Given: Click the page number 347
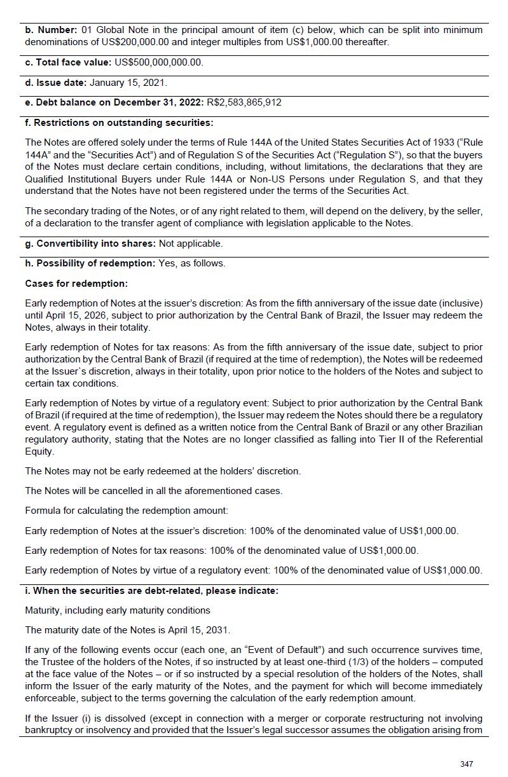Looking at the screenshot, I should (466, 764).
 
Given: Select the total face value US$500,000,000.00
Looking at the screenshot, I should (158, 62).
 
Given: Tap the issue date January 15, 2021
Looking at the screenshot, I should (128, 83).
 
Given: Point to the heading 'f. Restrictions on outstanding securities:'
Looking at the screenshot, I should (119, 123).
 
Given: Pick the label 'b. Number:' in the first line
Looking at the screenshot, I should (51, 30).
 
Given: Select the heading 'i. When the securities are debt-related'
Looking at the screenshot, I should (151, 591).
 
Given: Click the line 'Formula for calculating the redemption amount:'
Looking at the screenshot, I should (126, 511).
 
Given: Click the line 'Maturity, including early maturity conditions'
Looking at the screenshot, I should (118, 610).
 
